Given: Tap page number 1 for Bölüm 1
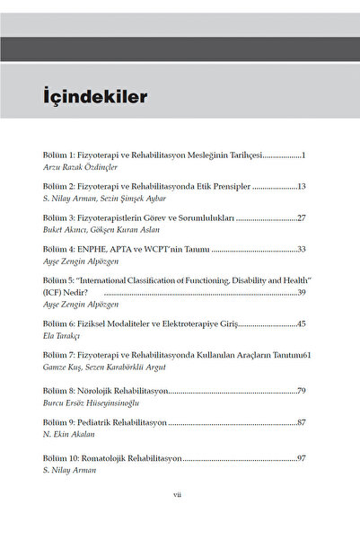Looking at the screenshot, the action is tap(304, 155).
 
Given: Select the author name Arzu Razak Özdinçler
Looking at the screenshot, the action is tap(81, 167).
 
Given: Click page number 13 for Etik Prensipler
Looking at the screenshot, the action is tap(302, 186).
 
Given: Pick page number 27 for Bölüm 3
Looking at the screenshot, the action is tap(302, 217).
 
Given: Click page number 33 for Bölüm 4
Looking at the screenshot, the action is tap(302, 249).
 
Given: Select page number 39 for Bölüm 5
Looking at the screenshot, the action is tap(302, 292).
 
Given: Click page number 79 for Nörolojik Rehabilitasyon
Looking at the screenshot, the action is tap(302, 391).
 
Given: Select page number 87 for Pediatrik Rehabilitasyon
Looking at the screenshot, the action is tap(302, 422).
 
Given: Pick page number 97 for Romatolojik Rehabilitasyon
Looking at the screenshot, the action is tap(302, 458).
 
